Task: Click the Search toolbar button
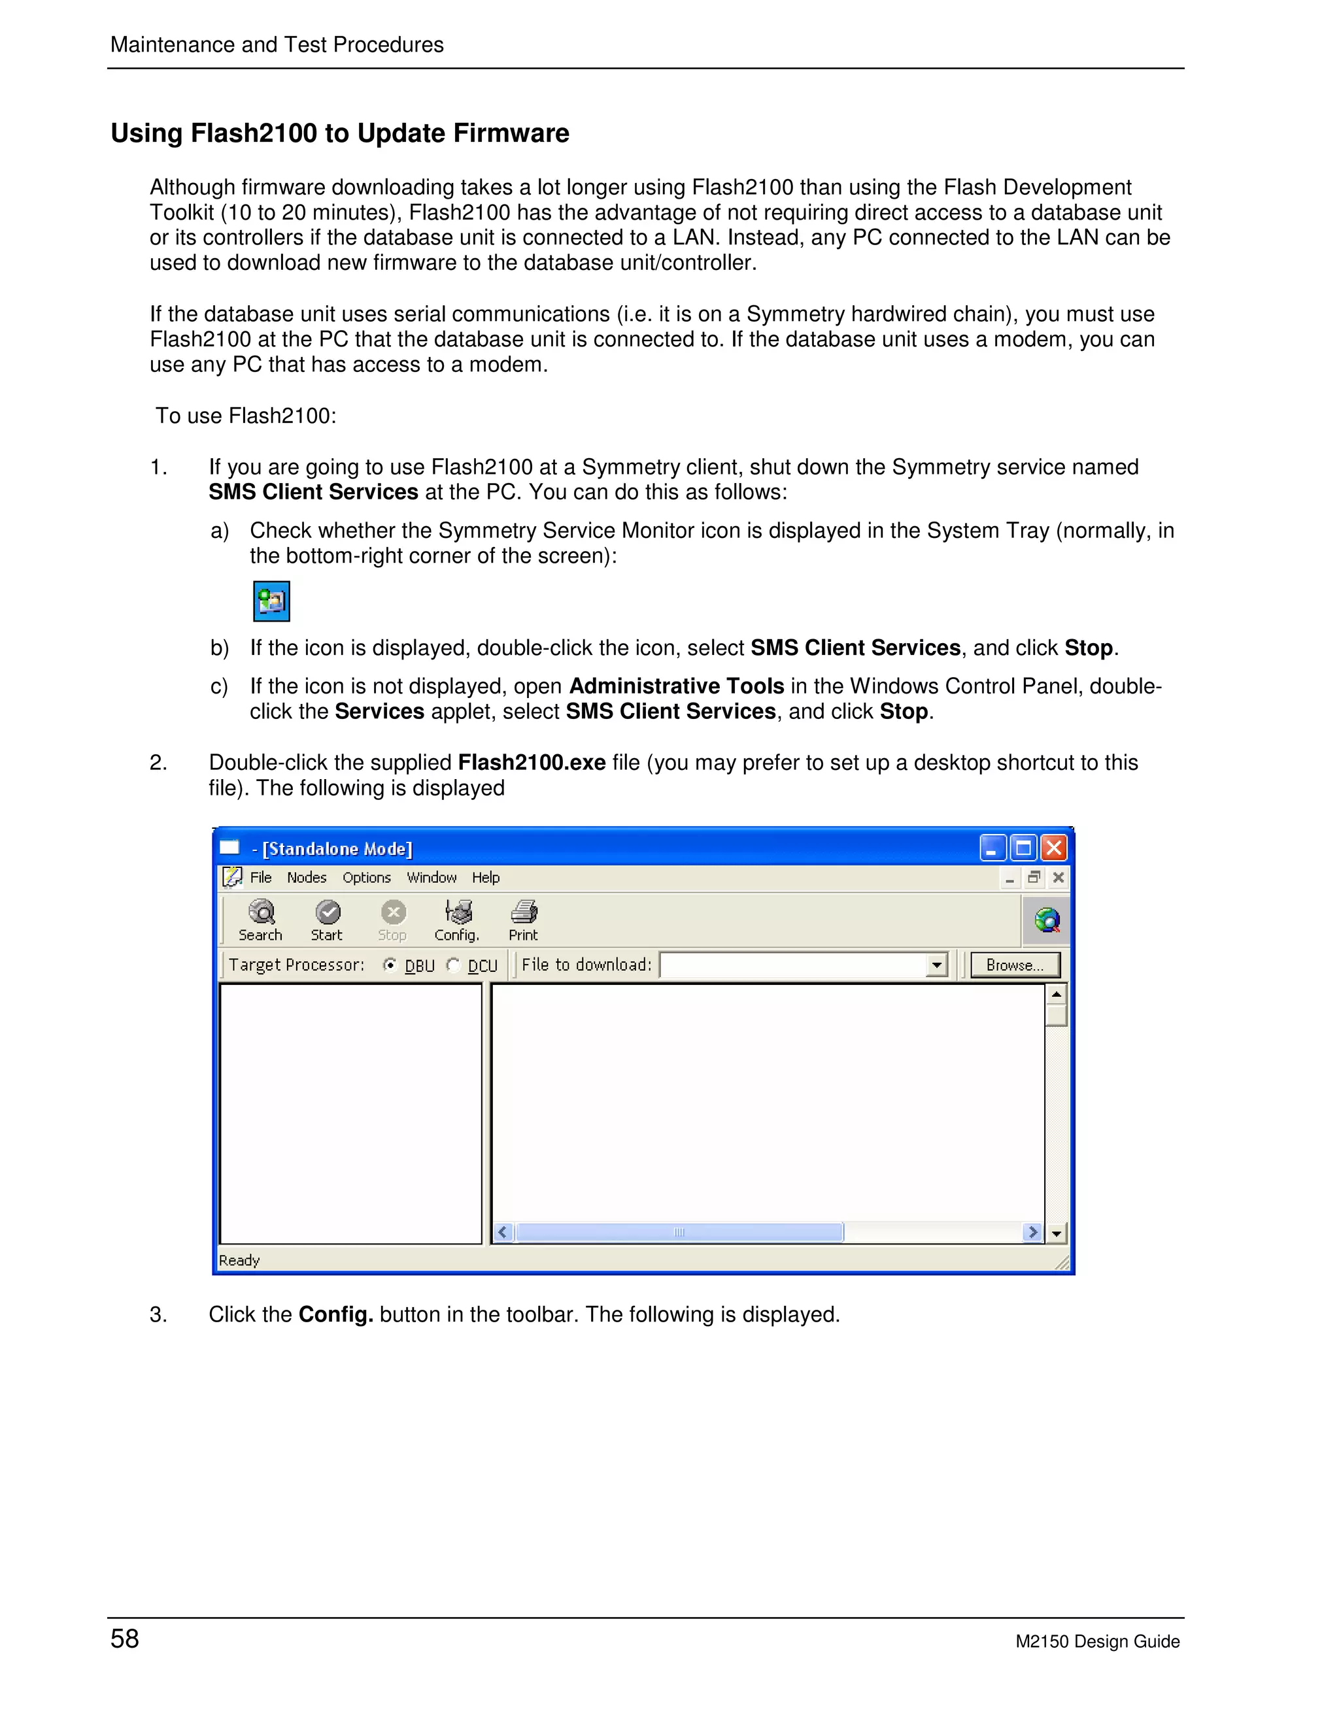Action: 260,920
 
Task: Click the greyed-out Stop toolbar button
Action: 393,920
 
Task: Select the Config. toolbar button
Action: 457,920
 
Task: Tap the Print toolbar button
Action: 524,920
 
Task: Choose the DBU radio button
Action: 390,965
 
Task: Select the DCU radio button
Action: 454,965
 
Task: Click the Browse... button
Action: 1015,965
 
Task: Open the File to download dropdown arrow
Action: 937,965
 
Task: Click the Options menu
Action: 367,877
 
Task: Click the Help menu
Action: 486,877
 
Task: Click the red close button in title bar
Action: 1053,848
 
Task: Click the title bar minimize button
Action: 992,848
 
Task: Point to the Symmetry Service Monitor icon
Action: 271,601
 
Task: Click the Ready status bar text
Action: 239,1260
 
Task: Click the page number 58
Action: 124,1639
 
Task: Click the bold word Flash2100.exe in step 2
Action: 532,762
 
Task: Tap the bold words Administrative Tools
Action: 677,686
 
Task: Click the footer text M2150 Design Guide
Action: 1097,1642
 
